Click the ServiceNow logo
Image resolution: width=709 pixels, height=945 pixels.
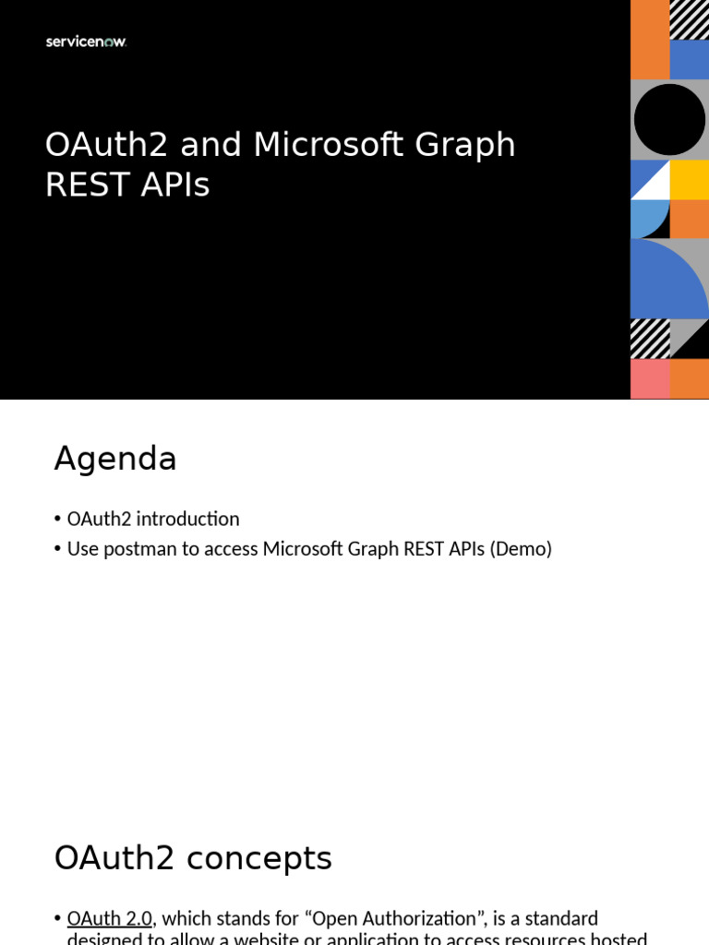(86, 42)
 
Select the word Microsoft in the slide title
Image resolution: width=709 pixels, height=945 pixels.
(329, 145)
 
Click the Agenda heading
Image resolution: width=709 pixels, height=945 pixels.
(115, 459)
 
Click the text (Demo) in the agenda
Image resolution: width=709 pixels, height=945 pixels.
(521, 548)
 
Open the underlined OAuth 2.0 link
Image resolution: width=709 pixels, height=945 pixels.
(109, 918)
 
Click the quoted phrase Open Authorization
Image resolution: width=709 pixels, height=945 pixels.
(402, 918)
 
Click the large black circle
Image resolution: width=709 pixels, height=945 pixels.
(669, 120)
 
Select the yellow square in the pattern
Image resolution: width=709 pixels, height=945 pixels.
(689, 180)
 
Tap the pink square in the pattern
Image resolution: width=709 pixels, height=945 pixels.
(650, 378)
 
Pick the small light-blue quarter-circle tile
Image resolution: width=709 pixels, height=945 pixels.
(648, 218)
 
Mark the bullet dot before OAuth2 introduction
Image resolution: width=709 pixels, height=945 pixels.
(57, 520)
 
